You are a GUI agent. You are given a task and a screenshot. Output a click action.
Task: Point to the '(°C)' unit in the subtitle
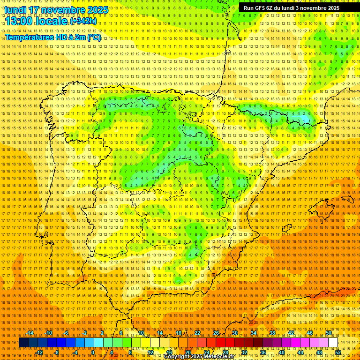pyautogui.click(x=94, y=37)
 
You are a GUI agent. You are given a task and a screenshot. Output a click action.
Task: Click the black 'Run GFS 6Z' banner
pyautogui.click(x=292, y=8)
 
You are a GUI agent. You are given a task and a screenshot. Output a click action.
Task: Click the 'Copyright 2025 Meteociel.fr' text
pyautogui.click(x=199, y=357)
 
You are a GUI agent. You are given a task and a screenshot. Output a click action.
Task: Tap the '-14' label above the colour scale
pyautogui.click(x=30, y=333)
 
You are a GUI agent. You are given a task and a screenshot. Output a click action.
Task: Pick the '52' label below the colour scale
pyautogui.click(x=338, y=352)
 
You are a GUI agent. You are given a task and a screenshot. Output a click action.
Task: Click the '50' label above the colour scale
pyautogui.click(x=329, y=333)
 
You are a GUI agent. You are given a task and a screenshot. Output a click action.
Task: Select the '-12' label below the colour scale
pyautogui.click(x=39, y=352)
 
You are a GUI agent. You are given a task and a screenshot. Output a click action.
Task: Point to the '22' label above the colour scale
pyautogui.click(x=197, y=333)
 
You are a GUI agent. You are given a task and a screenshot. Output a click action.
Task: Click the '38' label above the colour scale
pyautogui.click(x=272, y=333)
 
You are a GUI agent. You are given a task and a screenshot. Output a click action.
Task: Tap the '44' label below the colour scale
pyautogui.click(x=300, y=352)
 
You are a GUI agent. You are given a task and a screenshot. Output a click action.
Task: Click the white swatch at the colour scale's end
pyautogui.click(x=333, y=343)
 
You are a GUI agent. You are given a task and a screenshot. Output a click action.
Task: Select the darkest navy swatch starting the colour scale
pyautogui.click(x=23, y=343)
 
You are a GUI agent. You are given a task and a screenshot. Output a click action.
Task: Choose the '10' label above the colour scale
pyautogui.click(x=141, y=333)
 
